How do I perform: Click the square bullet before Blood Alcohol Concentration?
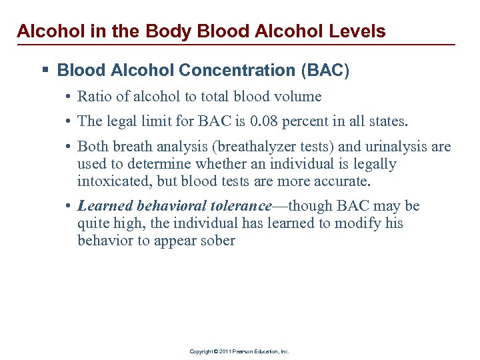click(45, 70)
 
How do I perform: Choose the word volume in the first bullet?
click(297, 97)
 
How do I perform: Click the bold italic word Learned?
click(105, 206)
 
